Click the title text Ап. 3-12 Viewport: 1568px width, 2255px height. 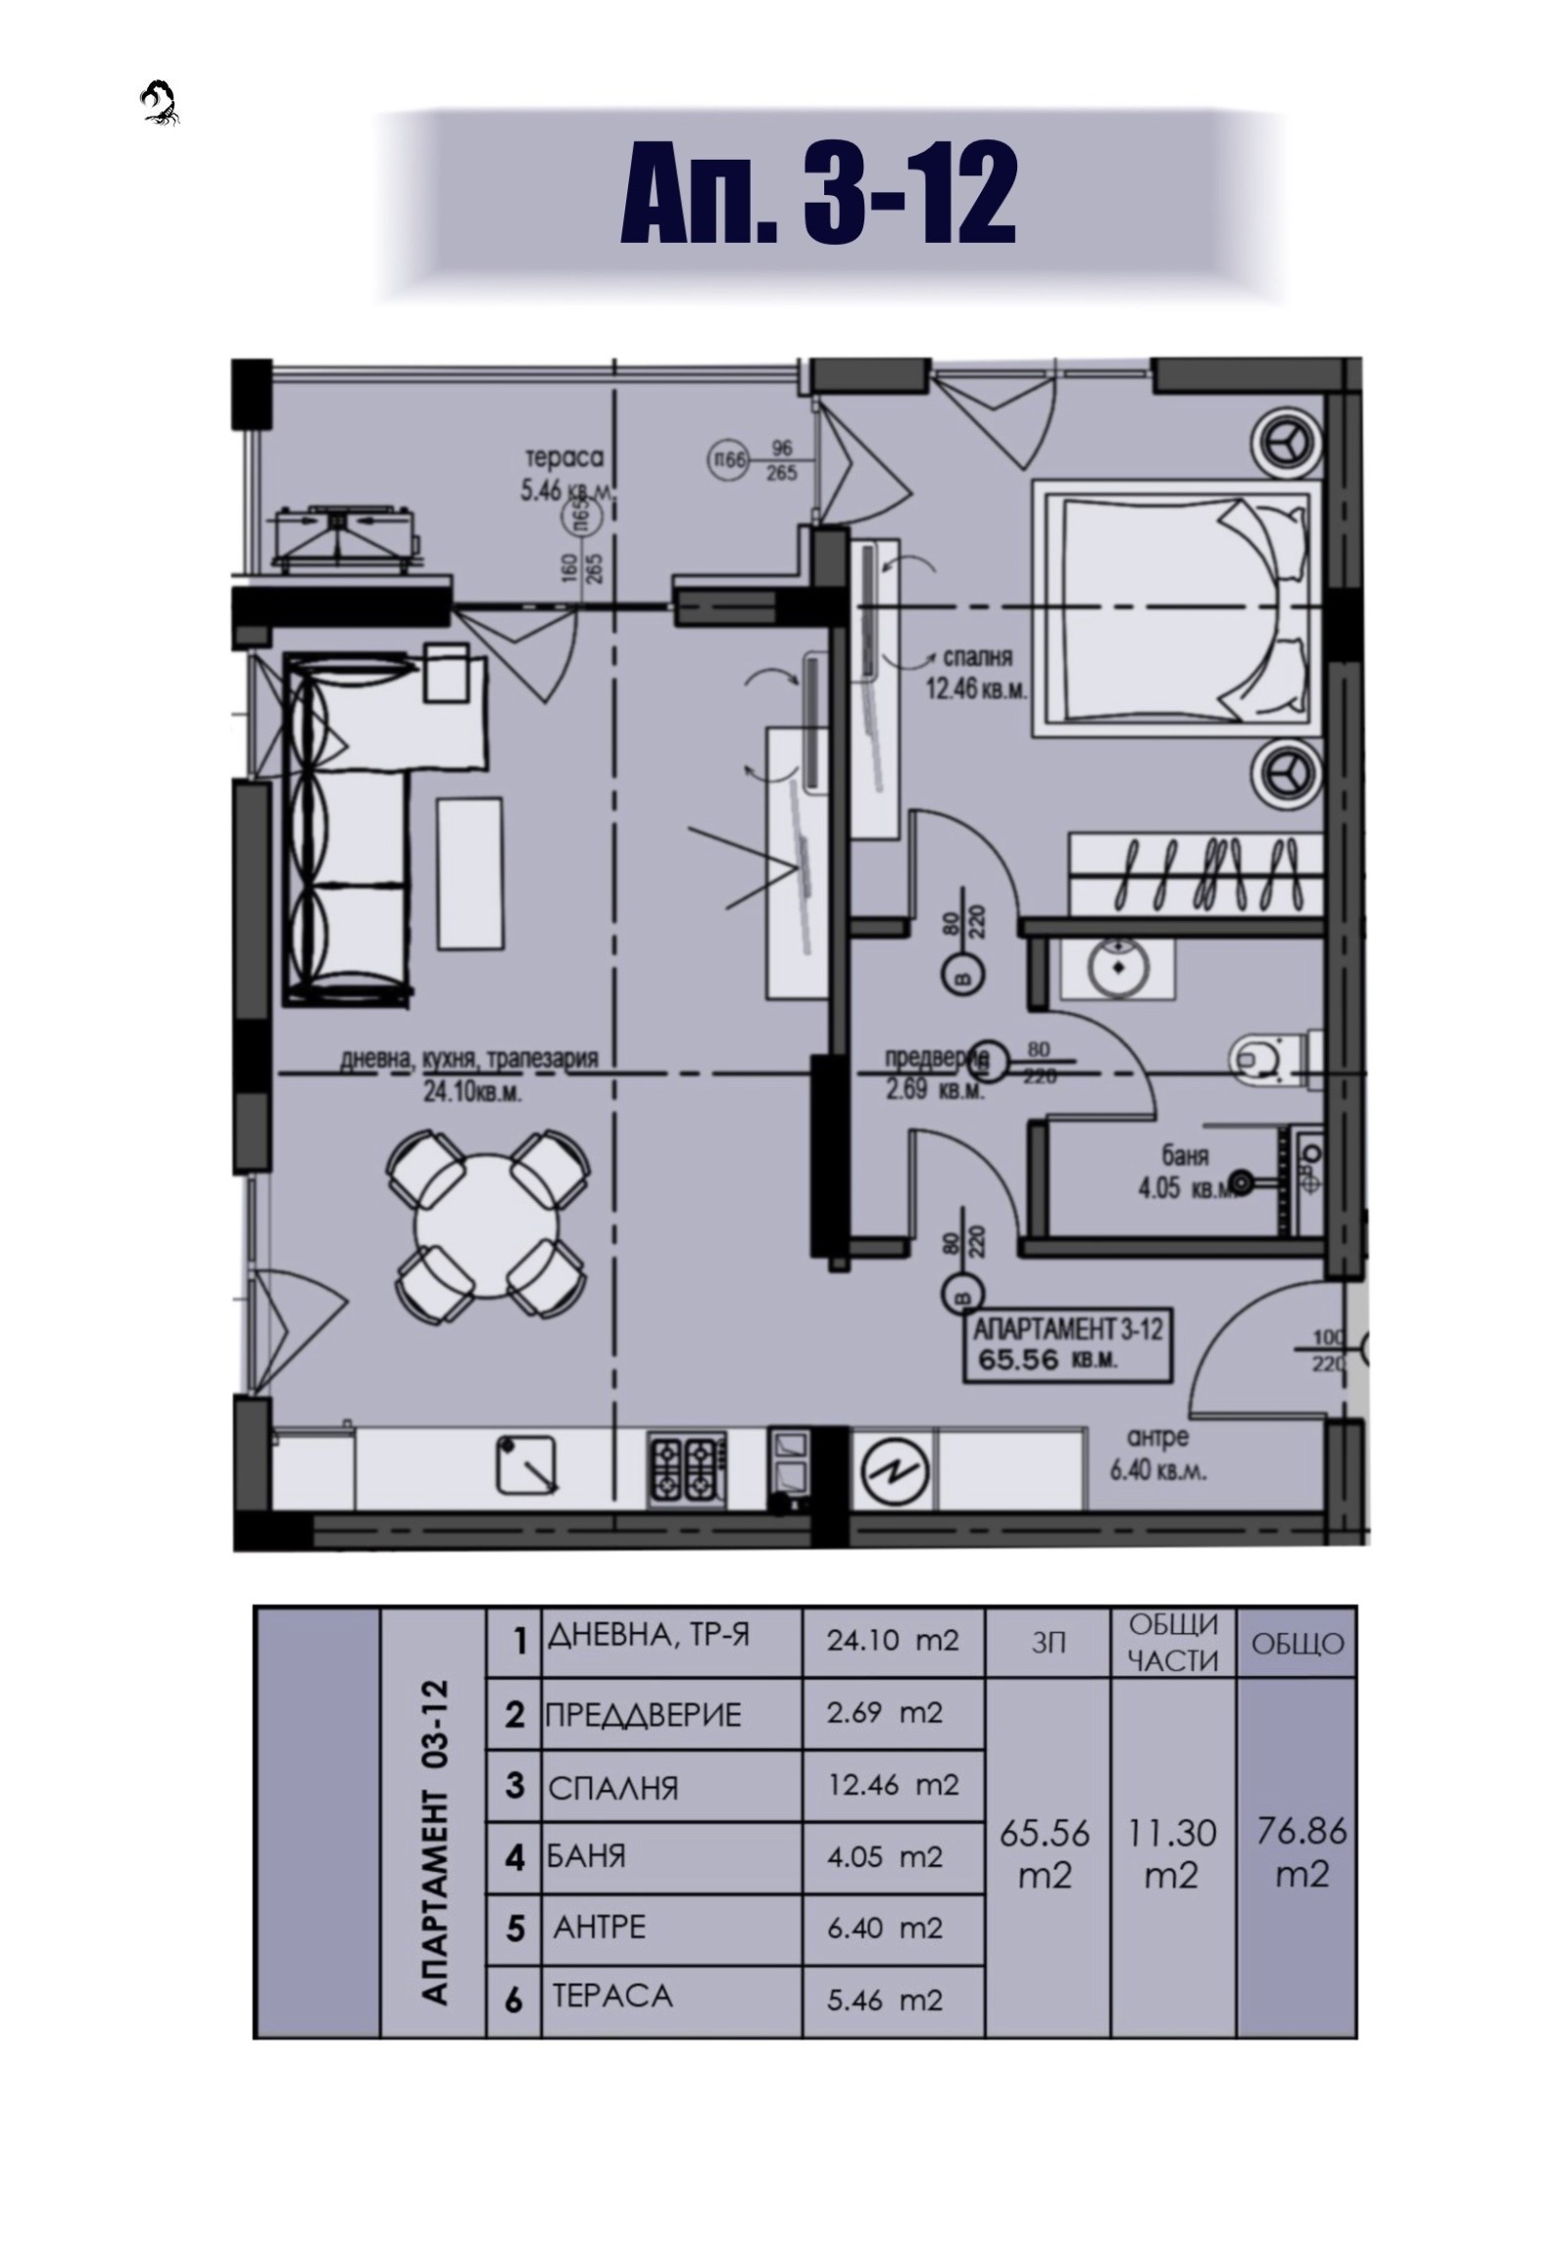click(817, 194)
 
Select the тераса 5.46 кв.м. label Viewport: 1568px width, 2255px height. click(563, 473)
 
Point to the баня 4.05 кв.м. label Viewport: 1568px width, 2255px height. click(1185, 1172)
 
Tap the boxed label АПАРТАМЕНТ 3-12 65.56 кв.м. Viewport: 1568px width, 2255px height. click(1067, 1345)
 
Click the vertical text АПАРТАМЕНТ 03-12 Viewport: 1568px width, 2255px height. click(434, 1842)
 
